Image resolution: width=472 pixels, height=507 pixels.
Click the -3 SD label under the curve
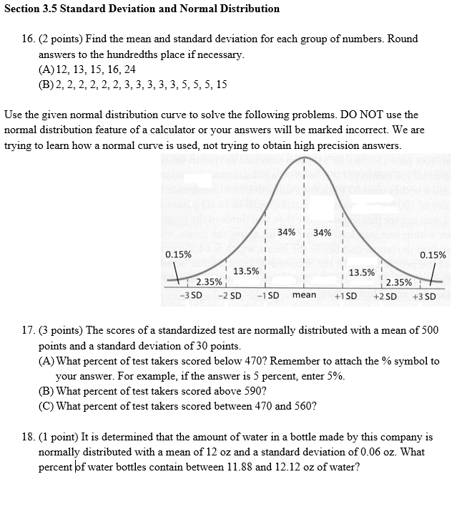pyautogui.click(x=191, y=296)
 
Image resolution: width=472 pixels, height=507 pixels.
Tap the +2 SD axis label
pyautogui.click(x=385, y=296)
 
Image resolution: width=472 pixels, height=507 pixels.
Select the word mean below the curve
pyautogui.click(x=304, y=295)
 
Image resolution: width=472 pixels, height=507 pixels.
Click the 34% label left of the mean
pyautogui.click(x=286, y=232)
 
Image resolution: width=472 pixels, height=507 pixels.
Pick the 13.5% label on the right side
pyautogui.click(x=361, y=272)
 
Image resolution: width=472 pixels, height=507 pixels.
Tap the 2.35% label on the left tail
pyautogui.click(x=208, y=281)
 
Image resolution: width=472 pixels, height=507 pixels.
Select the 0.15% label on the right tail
pyautogui.click(x=433, y=254)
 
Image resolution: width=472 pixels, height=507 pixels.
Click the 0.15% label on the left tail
pyautogui.click(x=177, y=254)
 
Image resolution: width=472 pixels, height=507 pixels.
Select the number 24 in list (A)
pyautogui.click(x=129, y=69)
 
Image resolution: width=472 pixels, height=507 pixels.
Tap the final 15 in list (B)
pyautogui.click(x=221, y=84)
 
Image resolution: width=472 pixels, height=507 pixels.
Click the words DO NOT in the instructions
pyautogui.click(x=340, y=115)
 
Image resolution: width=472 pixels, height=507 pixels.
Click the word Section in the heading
pyautogui.click(x=22, y=9)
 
